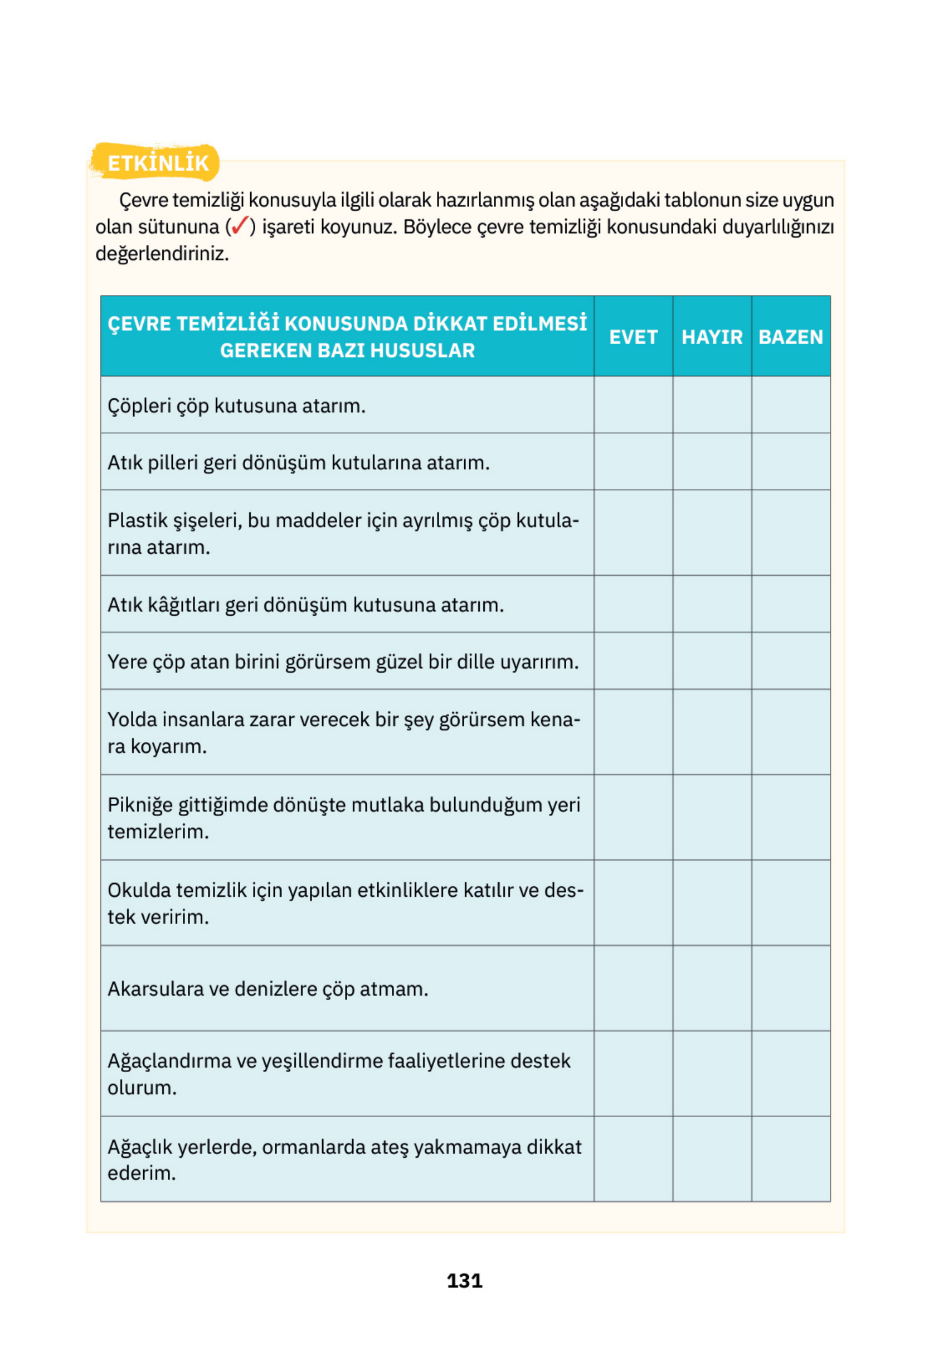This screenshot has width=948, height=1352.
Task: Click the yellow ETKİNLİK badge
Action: [x=157, y=163]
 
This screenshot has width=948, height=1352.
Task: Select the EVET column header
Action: [x=633, y=337]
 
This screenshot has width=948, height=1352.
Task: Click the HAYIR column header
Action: [x=712, y=337]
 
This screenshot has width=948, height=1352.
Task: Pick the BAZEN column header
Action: [x=790, y=337]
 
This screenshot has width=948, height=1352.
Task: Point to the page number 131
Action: [x=464, y=1281]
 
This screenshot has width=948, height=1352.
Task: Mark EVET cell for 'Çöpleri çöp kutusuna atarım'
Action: [x=633, y=405]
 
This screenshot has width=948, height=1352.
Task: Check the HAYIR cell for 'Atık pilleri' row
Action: [x=712, y=462]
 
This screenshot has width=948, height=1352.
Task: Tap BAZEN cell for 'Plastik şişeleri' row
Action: [x=790, y=533]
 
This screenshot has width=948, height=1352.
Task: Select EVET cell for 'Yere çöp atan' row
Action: [x=633, y=661]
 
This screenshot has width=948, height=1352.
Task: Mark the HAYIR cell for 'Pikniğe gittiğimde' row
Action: [x=712, y=818]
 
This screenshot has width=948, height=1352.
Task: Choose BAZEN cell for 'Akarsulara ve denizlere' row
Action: [x=790, y=989]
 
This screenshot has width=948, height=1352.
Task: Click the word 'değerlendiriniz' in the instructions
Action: [x=161, y=254]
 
